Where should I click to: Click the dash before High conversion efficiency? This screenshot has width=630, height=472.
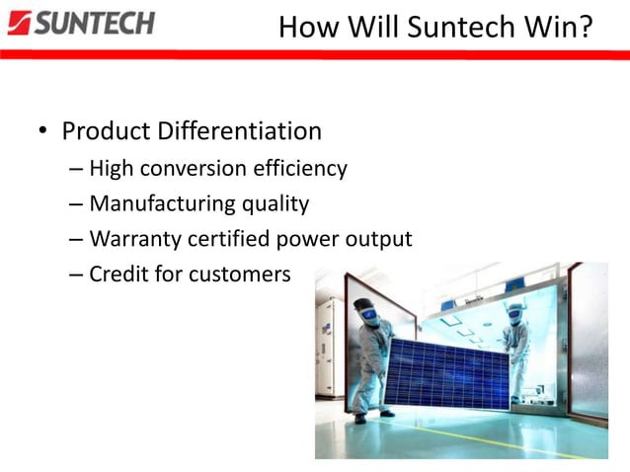(x=77, y=170)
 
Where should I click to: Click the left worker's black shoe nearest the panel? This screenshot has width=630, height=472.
(x=387, y=412)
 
